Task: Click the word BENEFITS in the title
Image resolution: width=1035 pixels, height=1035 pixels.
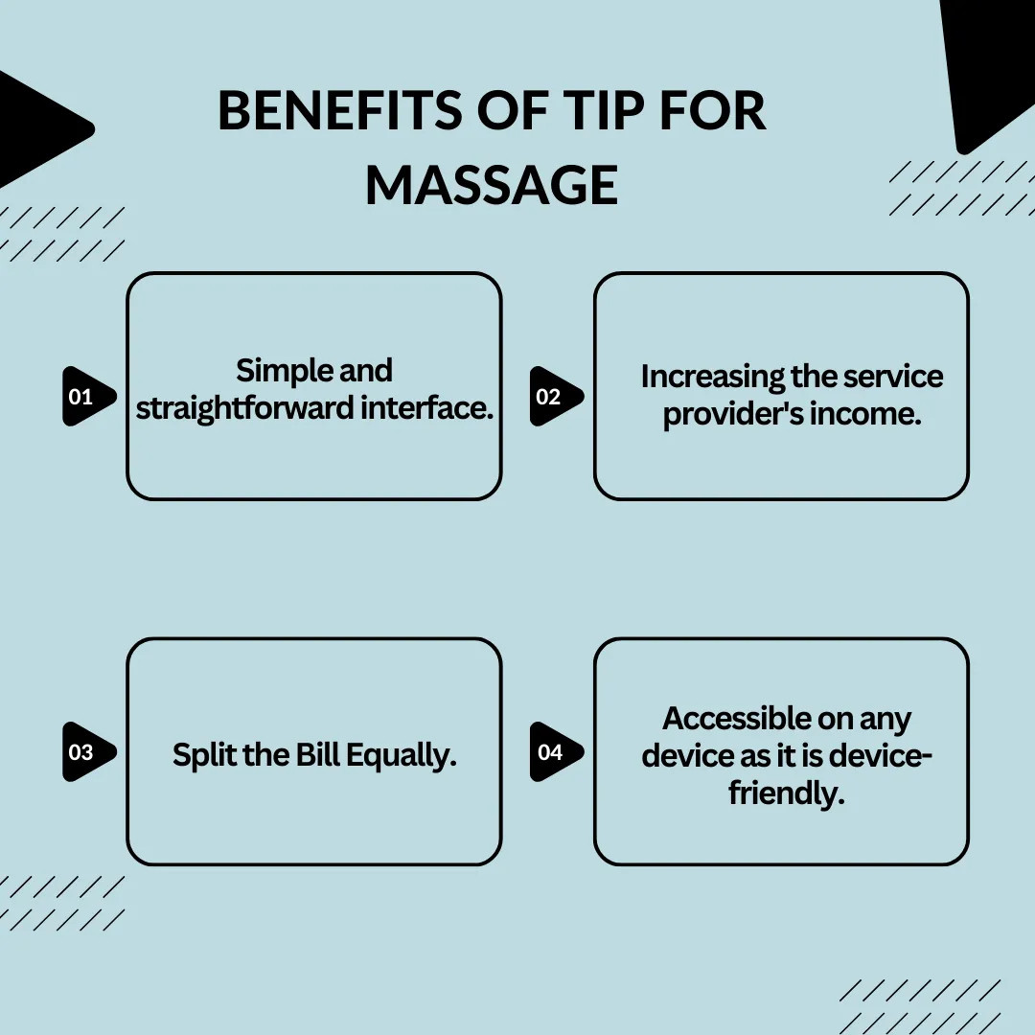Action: [x=340, y=110]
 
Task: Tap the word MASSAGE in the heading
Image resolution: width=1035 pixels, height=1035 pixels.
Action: [x=492, y=186]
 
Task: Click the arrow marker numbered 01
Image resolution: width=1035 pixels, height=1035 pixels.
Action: [x=89, y=396]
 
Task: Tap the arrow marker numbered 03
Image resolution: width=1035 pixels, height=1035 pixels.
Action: [x=89, y=752]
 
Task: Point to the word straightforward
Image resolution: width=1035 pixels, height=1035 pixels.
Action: [x=245, y=408]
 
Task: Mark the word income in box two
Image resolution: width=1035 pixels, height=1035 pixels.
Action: [x=865, y=415]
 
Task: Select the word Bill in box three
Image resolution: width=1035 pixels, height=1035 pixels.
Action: [x=317, y=754]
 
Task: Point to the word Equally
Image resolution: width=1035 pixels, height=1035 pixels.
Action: [x=402, y=756]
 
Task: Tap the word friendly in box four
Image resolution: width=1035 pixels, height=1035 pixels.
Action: [x=787, y=793]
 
